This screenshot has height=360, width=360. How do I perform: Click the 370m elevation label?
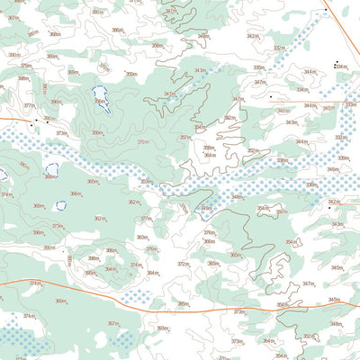tap(143, 141)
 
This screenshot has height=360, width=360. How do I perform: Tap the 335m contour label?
tap(258, 67)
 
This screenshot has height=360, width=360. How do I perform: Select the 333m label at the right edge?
tap(351, 104)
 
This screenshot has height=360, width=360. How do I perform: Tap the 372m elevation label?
tap(183, 264)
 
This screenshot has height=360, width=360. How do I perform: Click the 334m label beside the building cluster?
tap(341, 67)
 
